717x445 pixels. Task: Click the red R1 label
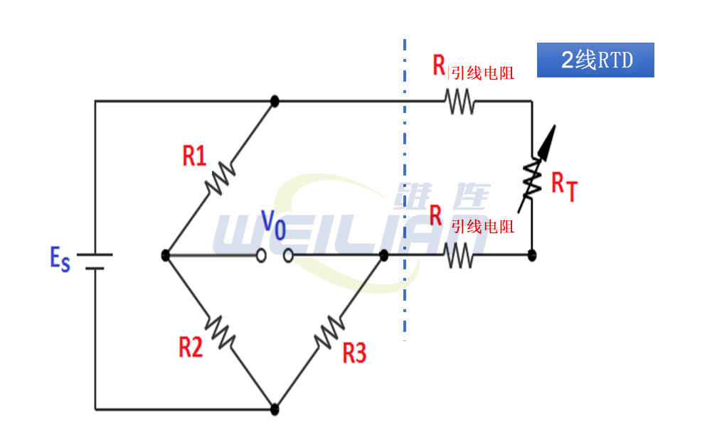(x=194, y=155)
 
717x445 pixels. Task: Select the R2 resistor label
(x=191, y=347)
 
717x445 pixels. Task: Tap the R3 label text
(x=354, y=352)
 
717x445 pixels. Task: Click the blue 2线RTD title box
(x=595, y=60)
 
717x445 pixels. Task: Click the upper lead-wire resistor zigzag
(x=460, y=101)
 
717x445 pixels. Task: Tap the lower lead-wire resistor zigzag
(x=460, y=254)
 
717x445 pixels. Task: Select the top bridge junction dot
(x=275, y=101)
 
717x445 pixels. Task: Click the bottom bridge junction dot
(x=275, y=409)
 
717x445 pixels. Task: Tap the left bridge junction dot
(x=165, y=254)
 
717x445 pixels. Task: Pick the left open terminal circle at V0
(x=262, y=254)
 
